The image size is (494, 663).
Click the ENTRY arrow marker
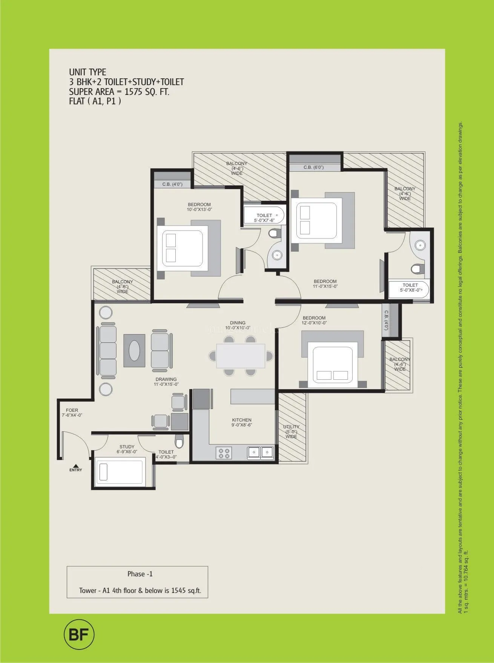[75, 466]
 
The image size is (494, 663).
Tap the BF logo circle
[79, 635]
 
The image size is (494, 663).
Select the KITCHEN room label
[241, 420]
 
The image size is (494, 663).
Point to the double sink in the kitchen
[261, 452]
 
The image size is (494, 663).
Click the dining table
[240, 356]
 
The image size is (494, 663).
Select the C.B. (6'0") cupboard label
[313, 167]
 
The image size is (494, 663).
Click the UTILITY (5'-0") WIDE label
[291, 432]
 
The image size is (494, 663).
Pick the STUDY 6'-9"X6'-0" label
[127, 449]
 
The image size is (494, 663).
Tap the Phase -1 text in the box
[140, 574]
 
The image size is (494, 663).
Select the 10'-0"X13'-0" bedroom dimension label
[199, 209]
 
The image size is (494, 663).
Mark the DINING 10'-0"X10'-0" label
[238, 325]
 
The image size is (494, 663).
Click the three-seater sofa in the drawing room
[107, 351]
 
